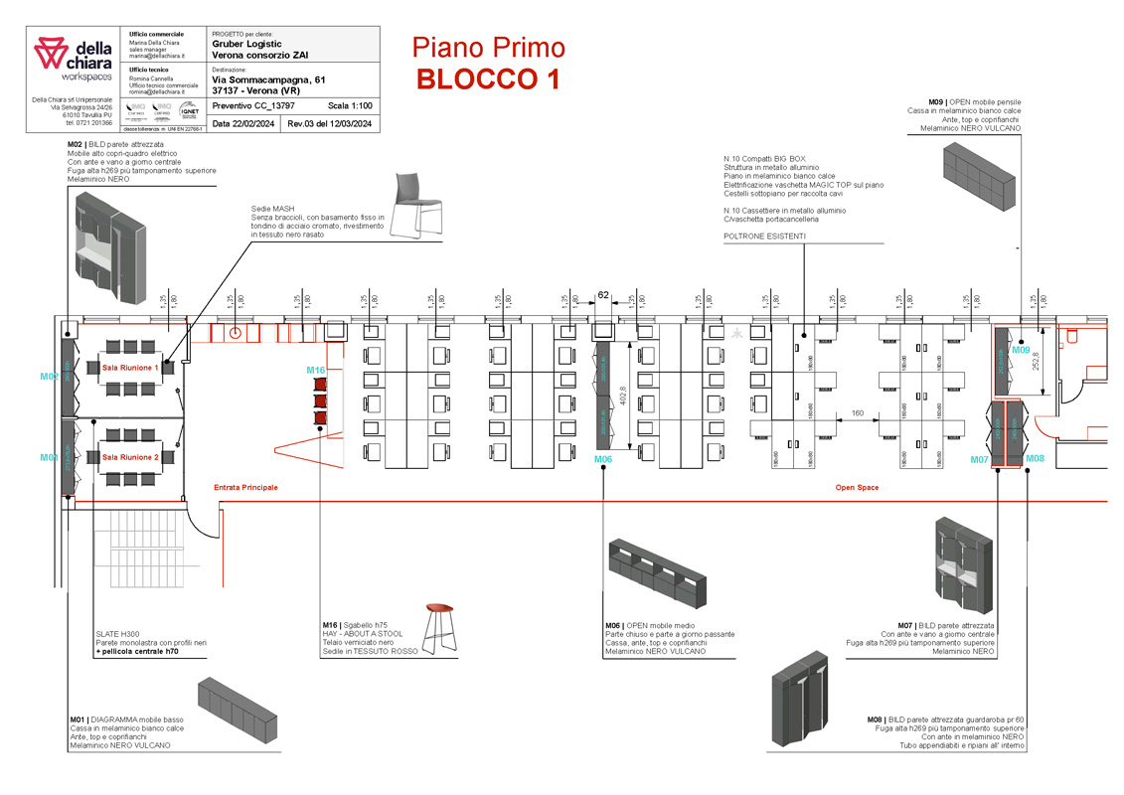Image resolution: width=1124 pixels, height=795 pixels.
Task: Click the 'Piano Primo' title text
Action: coord(488,47)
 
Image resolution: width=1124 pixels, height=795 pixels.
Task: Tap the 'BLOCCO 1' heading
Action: coord(488,79)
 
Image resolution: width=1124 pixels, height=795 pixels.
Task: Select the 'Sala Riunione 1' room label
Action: coord(130,368)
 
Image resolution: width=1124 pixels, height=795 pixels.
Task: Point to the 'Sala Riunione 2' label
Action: coord(130,457)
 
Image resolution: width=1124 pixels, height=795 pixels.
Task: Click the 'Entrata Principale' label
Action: coord(245,488)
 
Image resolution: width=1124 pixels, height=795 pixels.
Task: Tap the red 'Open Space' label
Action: coord(856,488)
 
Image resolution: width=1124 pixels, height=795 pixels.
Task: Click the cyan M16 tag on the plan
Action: coord(315,371)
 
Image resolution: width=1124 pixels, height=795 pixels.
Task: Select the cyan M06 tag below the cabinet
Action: coord(603,459)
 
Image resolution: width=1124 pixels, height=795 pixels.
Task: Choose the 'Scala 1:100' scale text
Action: coord(350,104)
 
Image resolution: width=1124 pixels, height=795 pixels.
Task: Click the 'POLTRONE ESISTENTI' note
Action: coord(764,237)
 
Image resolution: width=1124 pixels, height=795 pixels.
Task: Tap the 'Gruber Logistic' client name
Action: coord(246,44)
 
